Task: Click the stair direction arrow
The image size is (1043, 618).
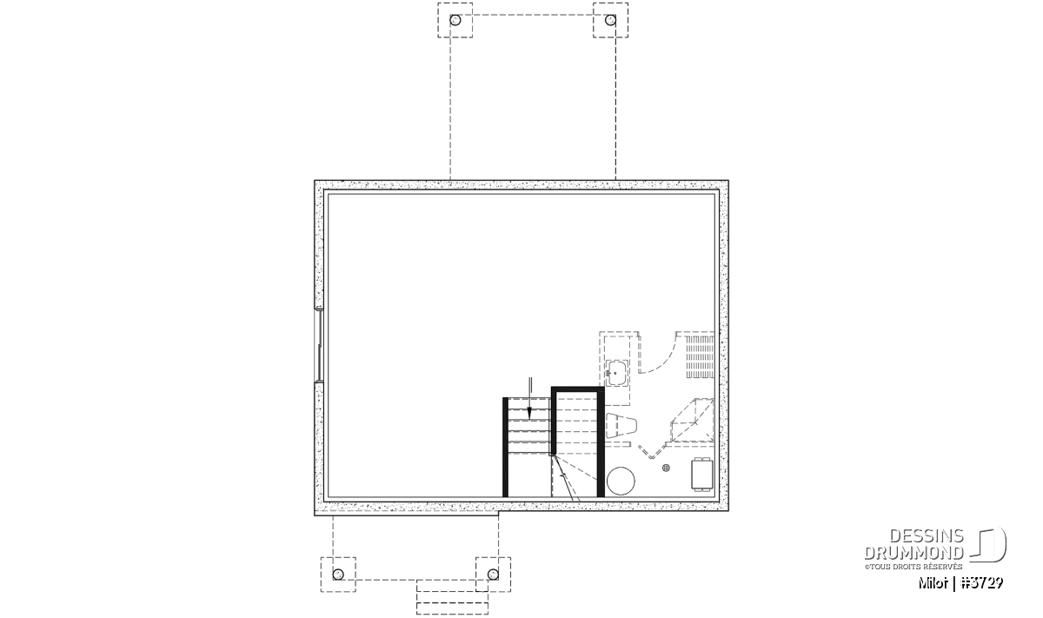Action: tap(529, 398)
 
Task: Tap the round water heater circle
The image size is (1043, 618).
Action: tap(621, 481)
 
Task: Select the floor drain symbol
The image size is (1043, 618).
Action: tap(666, 468)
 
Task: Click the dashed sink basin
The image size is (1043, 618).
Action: tap(617, 373)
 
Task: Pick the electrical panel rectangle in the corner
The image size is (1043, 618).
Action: tap(702, 474)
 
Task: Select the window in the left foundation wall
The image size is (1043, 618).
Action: tap(319, 345)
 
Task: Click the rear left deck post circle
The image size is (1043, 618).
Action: tap(455, 20)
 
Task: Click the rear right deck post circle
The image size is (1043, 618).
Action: tap(610, 20)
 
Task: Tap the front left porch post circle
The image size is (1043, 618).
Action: tap(338, 575)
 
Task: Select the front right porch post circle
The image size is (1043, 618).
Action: tap(493, 575)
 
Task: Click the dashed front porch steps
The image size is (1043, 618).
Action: tap(452, 597)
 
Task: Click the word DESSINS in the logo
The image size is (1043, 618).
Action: tap(927, 536)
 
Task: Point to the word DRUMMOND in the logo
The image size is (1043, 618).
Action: tap(913, 553)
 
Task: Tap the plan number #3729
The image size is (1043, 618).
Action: tap(982, 583)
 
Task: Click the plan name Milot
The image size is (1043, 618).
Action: tap(933, 583)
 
